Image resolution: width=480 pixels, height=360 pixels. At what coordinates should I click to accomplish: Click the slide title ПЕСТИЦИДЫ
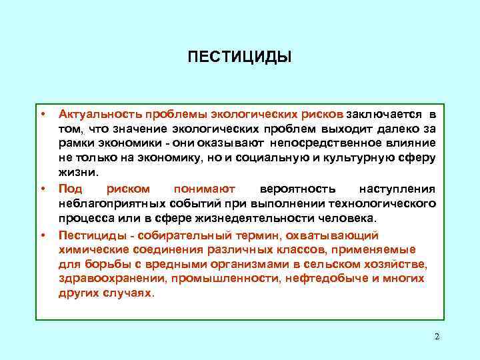(239, 57)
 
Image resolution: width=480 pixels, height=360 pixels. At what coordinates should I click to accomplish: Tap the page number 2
(437, 337)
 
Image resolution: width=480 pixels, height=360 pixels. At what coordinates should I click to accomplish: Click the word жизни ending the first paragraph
(77, 172)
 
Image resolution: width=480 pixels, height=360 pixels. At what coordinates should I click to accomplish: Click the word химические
(89, 249)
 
